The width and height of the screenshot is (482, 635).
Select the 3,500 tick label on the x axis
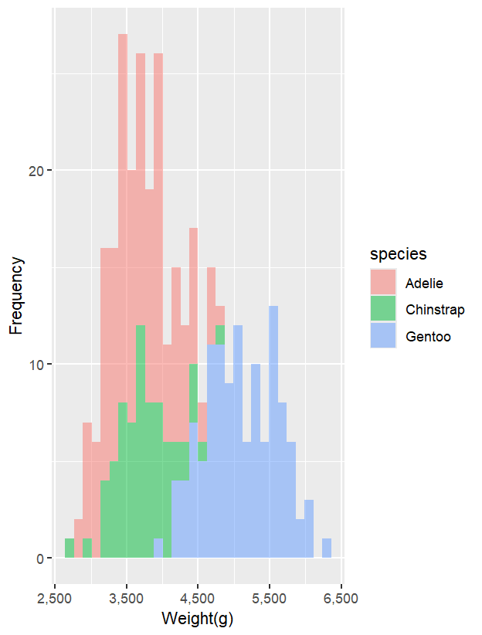tap(127, 599)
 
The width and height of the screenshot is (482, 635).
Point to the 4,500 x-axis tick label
tap(198, 599)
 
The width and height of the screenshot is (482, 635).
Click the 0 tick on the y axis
tap(42, 559)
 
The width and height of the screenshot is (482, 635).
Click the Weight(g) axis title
tap(198, 619)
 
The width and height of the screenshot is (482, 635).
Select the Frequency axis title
tap(16, 296)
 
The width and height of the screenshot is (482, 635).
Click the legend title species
tap(399, 254)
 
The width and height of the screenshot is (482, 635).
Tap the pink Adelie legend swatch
tap(383, 282)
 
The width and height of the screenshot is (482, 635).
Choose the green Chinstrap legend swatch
tap(383, 309)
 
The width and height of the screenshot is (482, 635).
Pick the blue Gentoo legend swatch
tap(383, 336)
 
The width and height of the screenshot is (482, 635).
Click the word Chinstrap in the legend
tap(435, 310)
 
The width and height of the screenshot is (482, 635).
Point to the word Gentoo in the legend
tap(428, 337)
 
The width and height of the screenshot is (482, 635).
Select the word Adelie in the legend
tap(425, 283)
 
